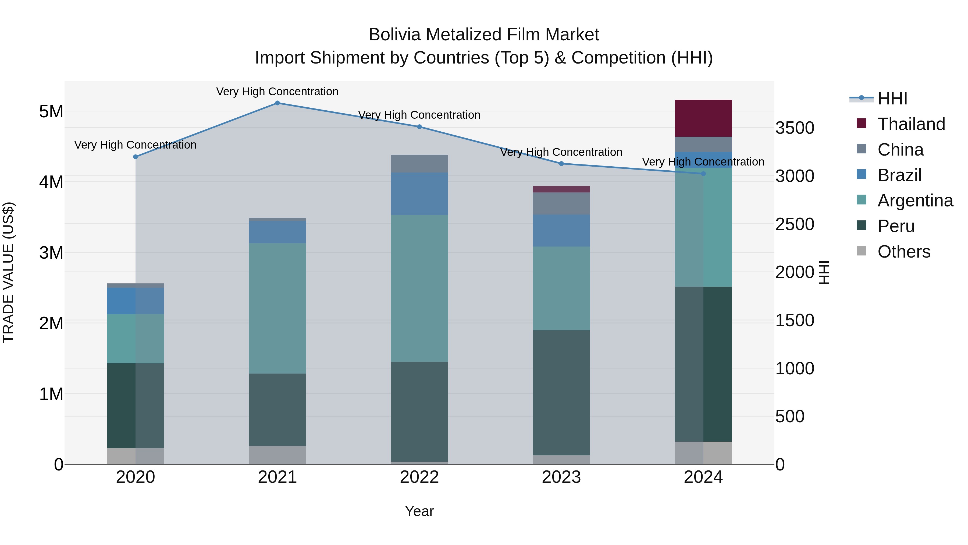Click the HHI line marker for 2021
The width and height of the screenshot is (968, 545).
point(277,103)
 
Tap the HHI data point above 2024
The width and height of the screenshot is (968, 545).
point(703,174)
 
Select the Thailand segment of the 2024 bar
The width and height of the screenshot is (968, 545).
point(703,118)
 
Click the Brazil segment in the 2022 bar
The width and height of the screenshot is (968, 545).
point(419,194)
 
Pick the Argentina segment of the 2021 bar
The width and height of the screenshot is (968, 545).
point(277,308)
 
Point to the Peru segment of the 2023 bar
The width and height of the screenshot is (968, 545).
point(561,393)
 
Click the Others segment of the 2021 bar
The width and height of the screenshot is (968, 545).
point(277,455)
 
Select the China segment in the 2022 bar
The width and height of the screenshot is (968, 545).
point(419,164)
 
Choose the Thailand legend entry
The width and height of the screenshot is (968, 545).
point(911,124)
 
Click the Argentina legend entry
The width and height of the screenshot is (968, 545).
point(915,201)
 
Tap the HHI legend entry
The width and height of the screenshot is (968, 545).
point(892,99)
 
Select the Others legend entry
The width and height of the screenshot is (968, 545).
point(904,252)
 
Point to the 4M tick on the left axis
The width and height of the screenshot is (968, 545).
point(51,182)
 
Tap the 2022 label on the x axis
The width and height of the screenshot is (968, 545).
point(419,477)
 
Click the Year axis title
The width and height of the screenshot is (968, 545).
point(419,511)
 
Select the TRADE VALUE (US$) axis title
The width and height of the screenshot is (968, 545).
point(8,272)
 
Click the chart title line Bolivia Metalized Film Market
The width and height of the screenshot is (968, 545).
point(484,35)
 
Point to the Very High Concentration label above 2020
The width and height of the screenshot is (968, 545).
point(135,145)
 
